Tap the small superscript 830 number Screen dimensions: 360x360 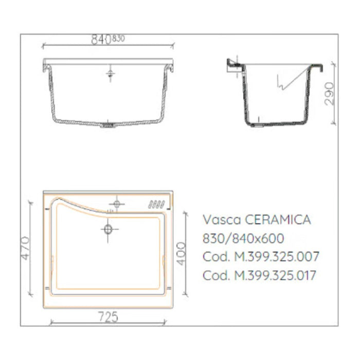coord(118,38)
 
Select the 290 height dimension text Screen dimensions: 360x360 coord(330,94)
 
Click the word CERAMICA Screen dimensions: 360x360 coord(278,220)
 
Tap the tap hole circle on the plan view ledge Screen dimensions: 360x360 coord(116,204)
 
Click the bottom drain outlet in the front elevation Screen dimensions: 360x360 coord(109,124)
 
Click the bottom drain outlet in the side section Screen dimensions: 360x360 coord(254,125)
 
